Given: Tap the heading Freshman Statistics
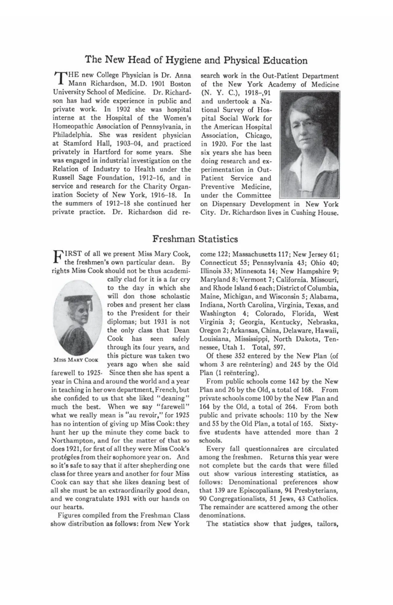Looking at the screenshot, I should tap(195, 239).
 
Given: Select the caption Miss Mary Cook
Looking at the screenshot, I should tap(76, 360).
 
